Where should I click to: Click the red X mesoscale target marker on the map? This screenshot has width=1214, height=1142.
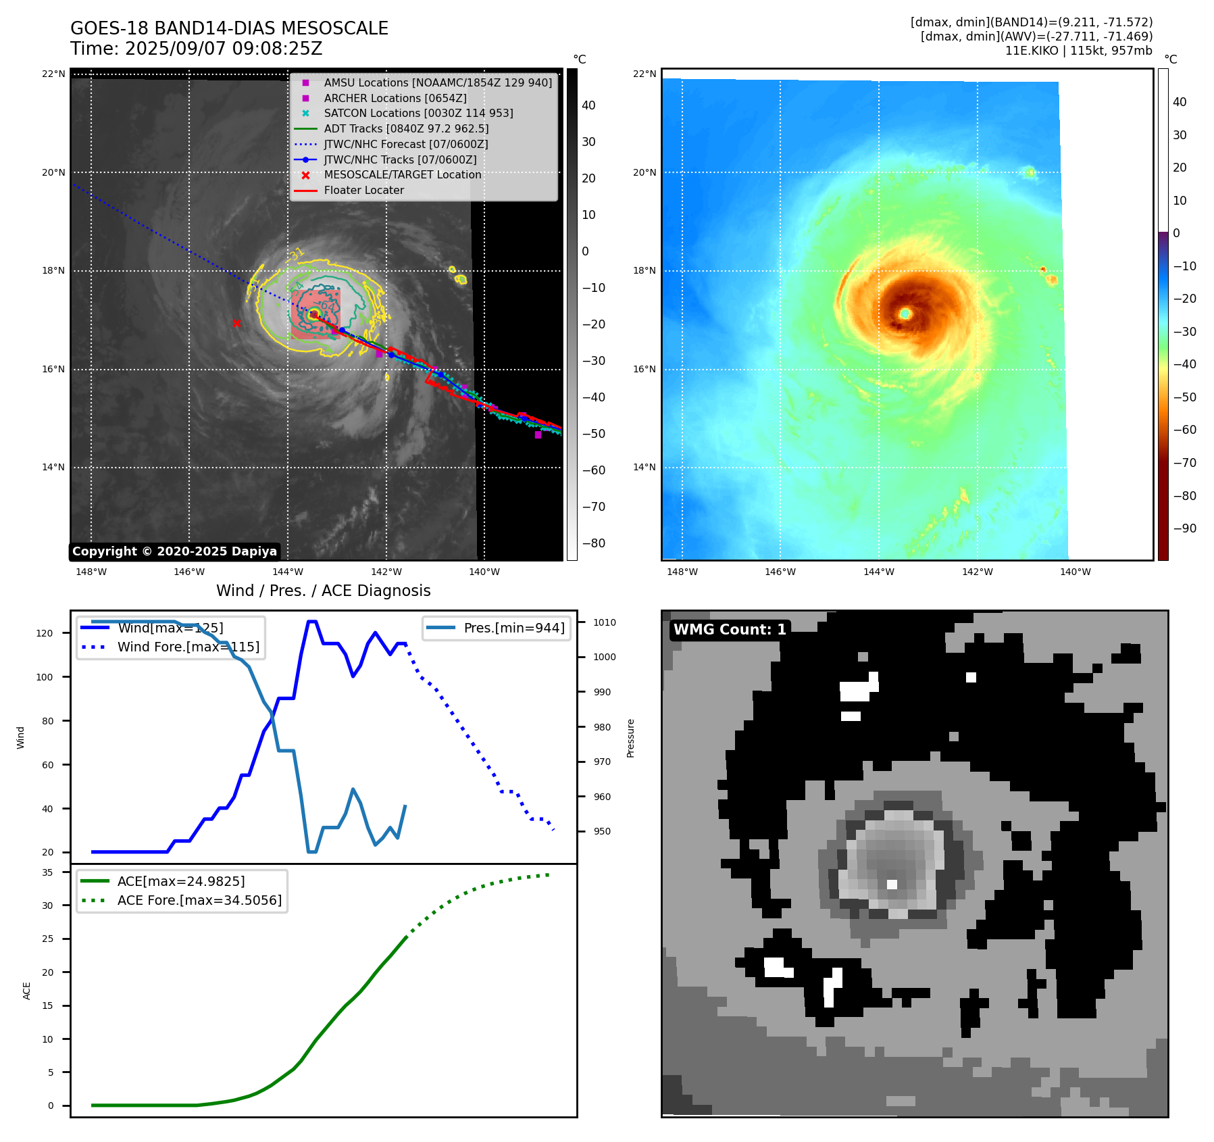click(236, 323)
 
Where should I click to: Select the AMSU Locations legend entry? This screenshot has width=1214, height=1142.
click(437, 82)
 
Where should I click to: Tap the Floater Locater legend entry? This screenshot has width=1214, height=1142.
click(363, 191)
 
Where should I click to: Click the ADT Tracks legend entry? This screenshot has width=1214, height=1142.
click(406, 128)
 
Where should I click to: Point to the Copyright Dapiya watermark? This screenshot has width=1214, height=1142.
click(174, 551)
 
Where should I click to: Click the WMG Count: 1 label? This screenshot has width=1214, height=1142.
click(730, 630)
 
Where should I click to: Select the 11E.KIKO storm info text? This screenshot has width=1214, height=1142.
click(1078, 51)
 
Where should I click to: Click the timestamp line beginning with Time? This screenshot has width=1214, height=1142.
click(197, 49)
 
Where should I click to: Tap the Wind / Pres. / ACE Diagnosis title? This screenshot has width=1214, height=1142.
click(323, 591)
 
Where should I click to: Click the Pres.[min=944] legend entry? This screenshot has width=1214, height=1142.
click(513, 628)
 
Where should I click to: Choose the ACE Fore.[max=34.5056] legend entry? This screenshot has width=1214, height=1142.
click(199, 900)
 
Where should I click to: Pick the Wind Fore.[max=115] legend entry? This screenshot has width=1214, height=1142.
click(188, 647)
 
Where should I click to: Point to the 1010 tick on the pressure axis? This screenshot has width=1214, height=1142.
click(605, 622)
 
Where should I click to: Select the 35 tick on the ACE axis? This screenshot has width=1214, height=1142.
click(47, 872)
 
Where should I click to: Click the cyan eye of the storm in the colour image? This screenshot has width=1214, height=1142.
click(905, 314)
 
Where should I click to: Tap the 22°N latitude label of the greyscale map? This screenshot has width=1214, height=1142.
click(53, 74)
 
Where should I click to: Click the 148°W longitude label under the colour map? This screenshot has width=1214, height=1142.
click(682, 572)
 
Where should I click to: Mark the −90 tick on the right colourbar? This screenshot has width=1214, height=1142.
click(1184, 528)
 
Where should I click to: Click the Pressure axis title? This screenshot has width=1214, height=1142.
click(630, 738)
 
